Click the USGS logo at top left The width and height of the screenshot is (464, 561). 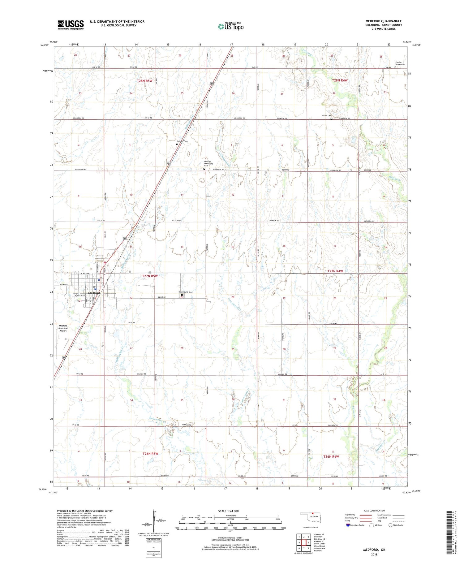[x=71, y=25]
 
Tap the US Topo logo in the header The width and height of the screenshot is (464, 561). [x=231, y=26]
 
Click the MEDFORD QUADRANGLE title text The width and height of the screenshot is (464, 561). [x=383, y=21]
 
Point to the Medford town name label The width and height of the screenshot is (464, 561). [x=94, y=293]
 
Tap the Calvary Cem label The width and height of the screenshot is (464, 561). [x=182, y=141]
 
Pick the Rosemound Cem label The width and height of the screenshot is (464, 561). [x=185, y=292]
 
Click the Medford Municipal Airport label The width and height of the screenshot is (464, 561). [x=63, y=328]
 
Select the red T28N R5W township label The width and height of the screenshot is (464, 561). [x=145, y=81]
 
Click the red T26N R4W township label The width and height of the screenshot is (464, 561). [x=331, y=456]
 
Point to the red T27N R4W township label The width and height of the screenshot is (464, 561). [x=335, y=271]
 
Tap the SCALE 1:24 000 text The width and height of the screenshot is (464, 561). [x=228, y=511]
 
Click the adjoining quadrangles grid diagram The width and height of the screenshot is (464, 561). [x=303, y=542]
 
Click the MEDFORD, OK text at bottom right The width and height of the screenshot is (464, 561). [x=374, y=550]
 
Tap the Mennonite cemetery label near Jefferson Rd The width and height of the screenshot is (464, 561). [x=208, y=163]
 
